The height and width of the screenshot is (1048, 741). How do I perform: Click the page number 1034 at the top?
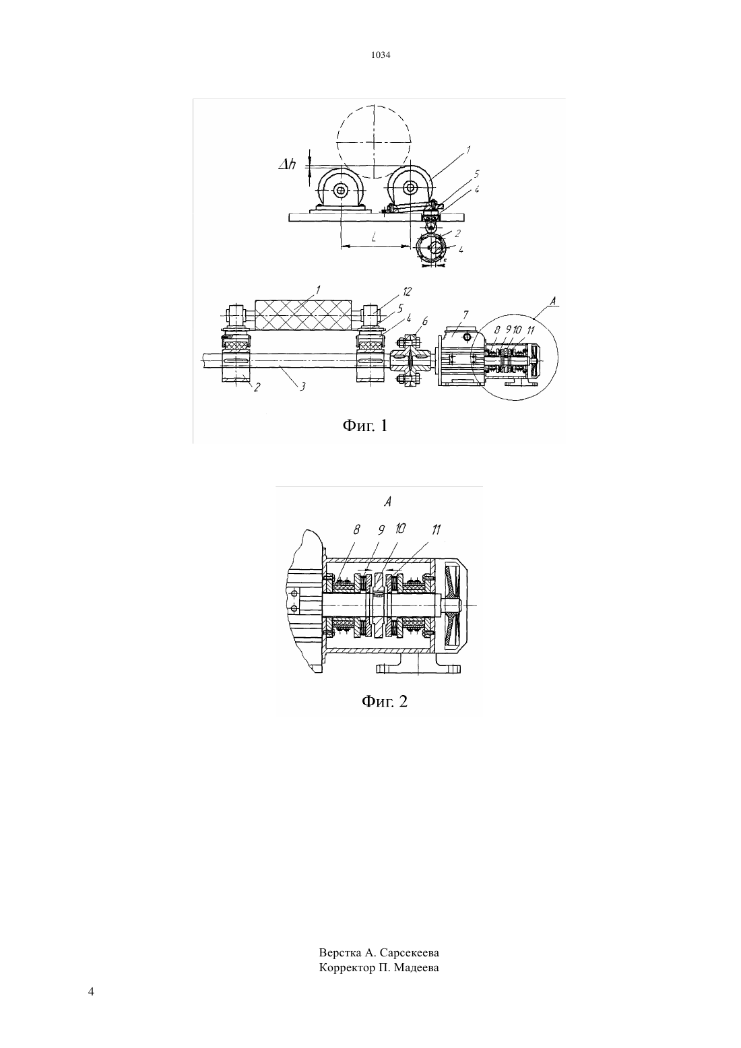[x=381, y=55]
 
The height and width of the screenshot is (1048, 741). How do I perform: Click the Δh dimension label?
[x=287, y=164]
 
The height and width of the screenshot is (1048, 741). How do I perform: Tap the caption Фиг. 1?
[x=365, y=425]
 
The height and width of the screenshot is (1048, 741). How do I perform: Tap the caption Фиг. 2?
[x=385, y=701]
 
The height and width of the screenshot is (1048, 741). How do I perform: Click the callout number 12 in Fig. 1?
[x=406, y=292]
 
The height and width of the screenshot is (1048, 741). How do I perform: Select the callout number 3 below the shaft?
[x=302, y=387]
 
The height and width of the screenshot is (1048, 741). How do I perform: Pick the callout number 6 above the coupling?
[x=425, y=321]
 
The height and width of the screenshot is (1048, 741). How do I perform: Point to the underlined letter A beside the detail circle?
[x=552, y=302]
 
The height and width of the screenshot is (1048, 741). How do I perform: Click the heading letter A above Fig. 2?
[x=387, y=502]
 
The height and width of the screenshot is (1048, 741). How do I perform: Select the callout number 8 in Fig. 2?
[x=357, y=529]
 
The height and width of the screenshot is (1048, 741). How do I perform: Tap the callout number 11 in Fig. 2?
[x=436, y=529]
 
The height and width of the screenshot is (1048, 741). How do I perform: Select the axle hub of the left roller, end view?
[x=341, y=190]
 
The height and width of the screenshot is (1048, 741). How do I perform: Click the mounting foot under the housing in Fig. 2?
[x=418, y=665]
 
